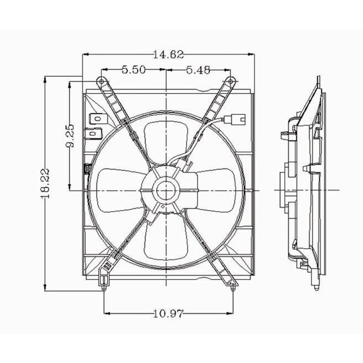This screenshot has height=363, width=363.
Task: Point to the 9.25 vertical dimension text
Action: [70, 136]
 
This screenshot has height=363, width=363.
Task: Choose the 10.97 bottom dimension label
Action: [168, 312]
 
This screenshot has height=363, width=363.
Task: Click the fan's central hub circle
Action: [167, 190]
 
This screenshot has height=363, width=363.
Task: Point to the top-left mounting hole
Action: [101, 81]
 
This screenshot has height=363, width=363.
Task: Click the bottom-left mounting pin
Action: [104, 288]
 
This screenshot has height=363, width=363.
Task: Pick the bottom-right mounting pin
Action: [233, 288]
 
